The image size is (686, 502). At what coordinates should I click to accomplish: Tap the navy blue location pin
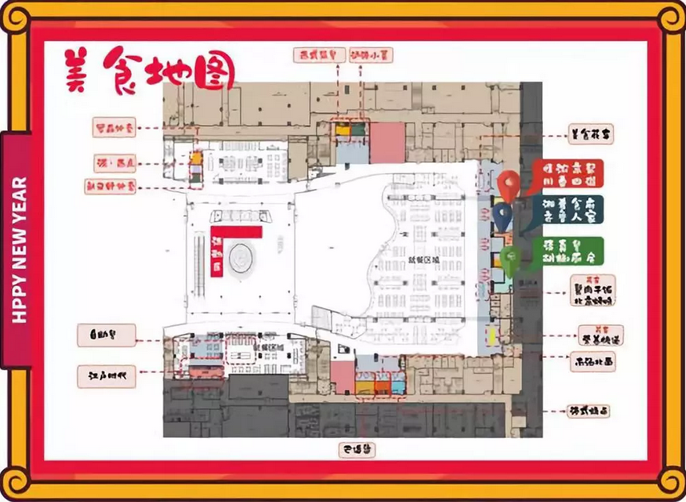[x=502, y=214]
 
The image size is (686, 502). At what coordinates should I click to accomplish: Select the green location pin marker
[x=511, y=259]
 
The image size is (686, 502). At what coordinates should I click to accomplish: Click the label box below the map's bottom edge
[x=356, y=450]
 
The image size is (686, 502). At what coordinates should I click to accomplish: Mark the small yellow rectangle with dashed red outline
[x=195, y=159]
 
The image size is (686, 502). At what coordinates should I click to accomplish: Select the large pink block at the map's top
[x=388, y=142]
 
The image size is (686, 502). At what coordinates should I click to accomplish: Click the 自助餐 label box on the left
[x=106, y=335]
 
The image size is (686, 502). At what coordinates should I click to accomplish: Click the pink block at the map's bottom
[x=343, y=376]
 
